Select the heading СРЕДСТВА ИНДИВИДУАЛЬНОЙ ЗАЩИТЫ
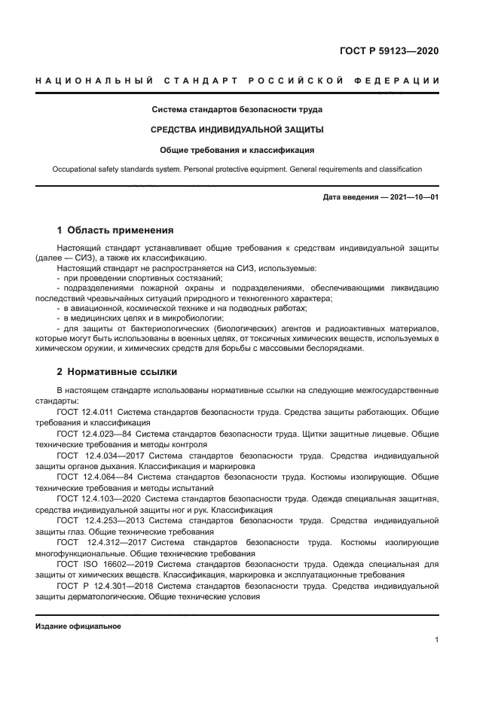pyautogui.click(x=237, y=130)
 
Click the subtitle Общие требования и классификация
pyautogui.click(x=237, y=150)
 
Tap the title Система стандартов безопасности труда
pyautogui.click(x=237, y=110)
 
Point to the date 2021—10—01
pyautogui.click(x=412, y=197)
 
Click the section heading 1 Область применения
pyautogui.click(x=115, y=230)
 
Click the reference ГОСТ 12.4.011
pyautogui.click(x=84, y=412)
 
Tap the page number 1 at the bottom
pyautogui.click(x=437, y=640)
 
